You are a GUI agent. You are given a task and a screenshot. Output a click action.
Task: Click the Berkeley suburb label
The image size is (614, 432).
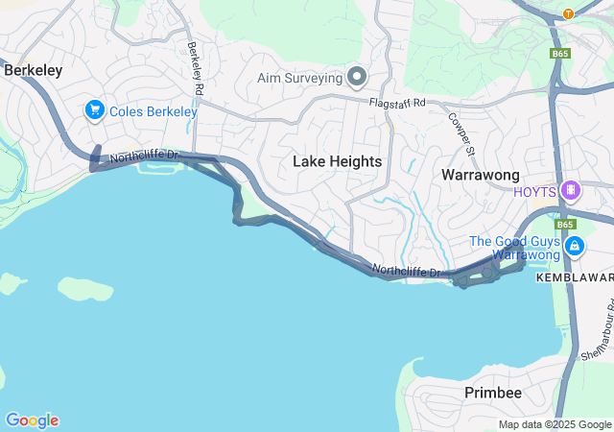[34, 70]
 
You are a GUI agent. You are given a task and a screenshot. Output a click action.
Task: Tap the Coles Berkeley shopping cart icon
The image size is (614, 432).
[94, 111]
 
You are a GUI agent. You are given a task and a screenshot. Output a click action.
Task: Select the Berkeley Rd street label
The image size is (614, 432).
[196, 68]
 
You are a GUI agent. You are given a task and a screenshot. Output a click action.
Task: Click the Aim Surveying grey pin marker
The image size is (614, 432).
[357, 77]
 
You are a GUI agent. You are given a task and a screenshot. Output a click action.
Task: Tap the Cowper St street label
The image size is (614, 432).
[462, 133]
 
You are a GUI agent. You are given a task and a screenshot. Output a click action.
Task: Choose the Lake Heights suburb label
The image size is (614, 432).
[337, 162]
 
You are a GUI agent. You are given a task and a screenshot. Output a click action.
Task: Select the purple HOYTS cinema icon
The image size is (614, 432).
[572, 190]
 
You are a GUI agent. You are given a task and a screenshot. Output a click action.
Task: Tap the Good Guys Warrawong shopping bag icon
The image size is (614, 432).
[574, 247]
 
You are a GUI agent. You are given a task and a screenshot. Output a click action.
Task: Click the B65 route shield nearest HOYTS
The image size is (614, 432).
[565, 224]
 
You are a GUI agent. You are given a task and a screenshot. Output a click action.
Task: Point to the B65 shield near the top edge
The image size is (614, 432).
[560, 54]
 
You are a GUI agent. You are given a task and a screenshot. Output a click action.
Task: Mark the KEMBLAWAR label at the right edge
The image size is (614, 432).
[574, 276]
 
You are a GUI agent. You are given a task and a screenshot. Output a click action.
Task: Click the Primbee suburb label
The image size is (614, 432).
[493, 393]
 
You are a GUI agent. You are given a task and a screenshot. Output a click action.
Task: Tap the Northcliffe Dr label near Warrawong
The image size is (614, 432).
[406, 272]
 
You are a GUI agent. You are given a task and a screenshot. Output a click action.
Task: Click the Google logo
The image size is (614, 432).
[32, 420]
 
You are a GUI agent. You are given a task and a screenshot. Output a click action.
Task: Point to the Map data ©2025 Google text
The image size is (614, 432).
[555, 424]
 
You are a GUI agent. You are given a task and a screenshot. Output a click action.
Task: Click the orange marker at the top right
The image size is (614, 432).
[568, 13]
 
